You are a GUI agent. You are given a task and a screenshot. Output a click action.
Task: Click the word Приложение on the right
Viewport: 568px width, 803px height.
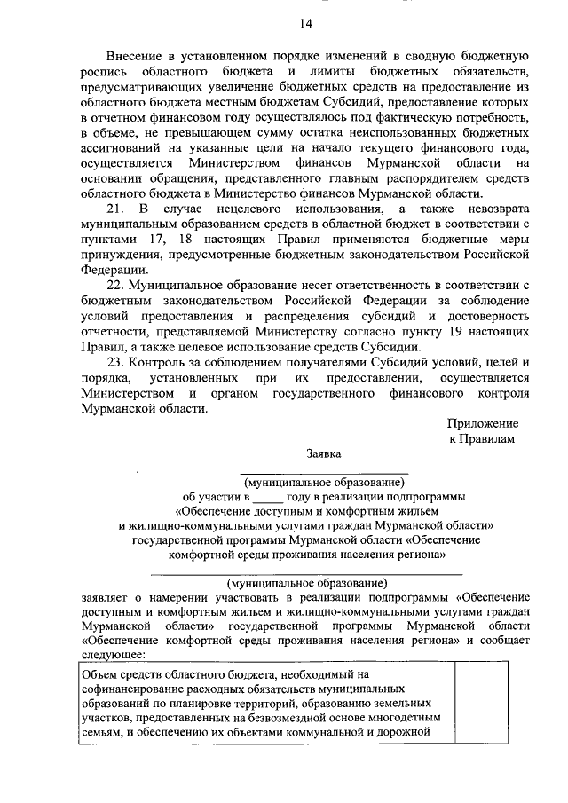[483, 423]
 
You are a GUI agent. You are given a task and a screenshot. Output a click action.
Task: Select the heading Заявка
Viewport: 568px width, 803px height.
[324, 453]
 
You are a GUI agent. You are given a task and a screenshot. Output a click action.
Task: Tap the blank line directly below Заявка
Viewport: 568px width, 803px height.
[324, 471]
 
